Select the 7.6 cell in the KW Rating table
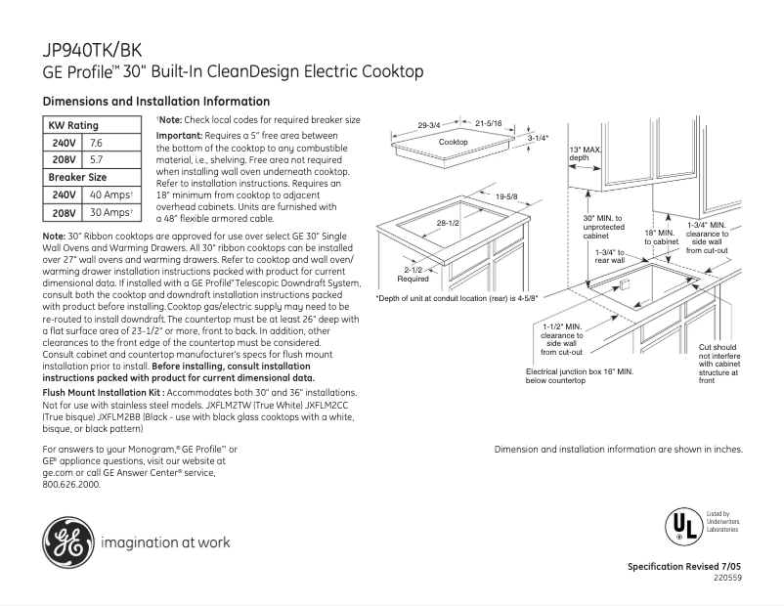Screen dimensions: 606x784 tap(97, 143)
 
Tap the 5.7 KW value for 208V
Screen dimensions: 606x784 tap(97, 159)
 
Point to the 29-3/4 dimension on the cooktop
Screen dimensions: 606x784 tap(429, 125)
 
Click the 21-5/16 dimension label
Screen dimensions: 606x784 tap(489, 124)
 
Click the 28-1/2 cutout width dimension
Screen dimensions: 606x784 tap(448, 224)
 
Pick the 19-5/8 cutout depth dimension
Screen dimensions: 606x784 tap(505, 197)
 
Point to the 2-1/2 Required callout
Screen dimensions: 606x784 tap(412, 274)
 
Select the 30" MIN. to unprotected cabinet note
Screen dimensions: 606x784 tap(602, 227)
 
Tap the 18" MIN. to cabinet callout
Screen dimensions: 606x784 tap(661, 238)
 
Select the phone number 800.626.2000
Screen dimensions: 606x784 tap(72, 485)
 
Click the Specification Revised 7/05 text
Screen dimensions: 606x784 tap(683, 567)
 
